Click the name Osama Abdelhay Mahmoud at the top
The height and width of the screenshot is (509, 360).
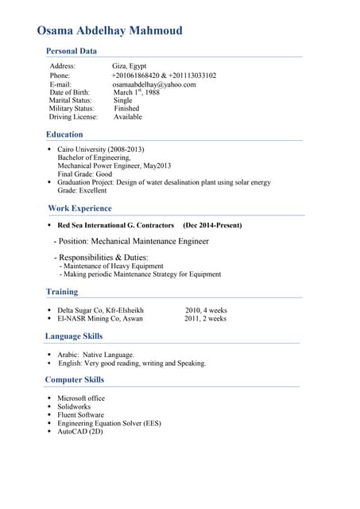110,31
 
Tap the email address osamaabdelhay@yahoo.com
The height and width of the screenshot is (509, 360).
153,84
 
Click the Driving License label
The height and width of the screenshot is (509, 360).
73,117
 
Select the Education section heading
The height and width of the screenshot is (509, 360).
64,135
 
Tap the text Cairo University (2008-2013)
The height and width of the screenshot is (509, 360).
100,150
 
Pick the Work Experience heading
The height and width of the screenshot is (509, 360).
79,208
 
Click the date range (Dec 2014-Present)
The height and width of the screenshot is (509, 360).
212,226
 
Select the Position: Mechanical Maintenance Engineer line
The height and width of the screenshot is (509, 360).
131,241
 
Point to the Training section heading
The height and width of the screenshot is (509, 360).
62,292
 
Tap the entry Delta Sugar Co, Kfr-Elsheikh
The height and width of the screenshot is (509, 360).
100,310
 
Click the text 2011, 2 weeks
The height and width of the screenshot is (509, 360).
205,319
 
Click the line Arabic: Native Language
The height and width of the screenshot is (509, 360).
96,355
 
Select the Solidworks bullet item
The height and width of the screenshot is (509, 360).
74,407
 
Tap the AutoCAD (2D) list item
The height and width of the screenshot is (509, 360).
79,432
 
